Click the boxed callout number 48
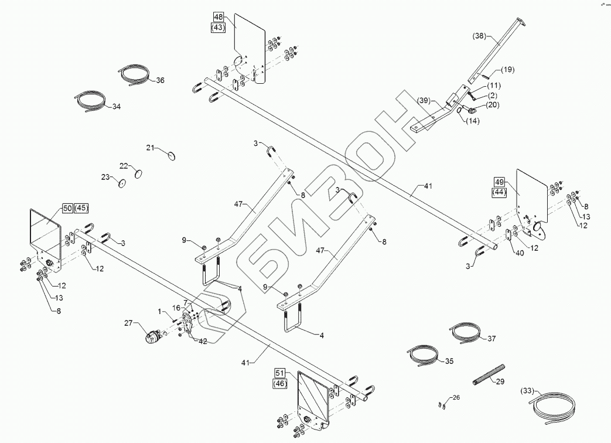(x=217, y=17)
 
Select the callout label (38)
(x=479, y=36)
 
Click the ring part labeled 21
(x=172, y=156)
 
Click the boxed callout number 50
(x=67, y=208)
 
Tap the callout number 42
(x=202, y=341)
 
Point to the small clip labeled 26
(x=442, y=404)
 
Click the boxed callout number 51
(x=279, y=373)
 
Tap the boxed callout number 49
(x=500, y=181)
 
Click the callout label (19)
(x=507, y=70)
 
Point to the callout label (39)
(x=424, y=100)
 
